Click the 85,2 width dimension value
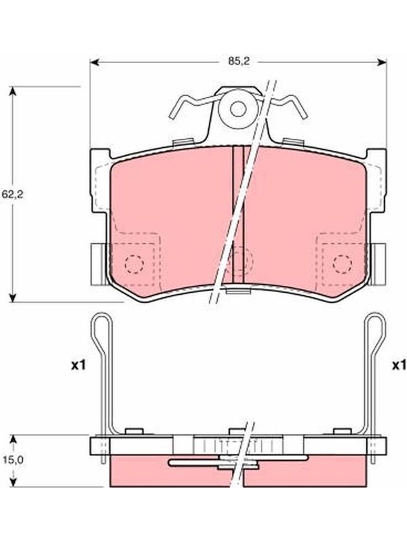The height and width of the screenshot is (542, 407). [239, 62]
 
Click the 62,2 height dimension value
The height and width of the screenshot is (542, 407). [12, 194]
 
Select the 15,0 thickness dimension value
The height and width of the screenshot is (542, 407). [13, 460]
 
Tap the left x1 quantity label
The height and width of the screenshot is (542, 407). [78, 366]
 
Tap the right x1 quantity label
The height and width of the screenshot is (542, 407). [400, 366]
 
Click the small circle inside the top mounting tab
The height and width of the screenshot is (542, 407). [238, 109]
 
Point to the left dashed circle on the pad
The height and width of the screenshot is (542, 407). [134, 264]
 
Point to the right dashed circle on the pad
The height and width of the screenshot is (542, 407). [343, 264]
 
